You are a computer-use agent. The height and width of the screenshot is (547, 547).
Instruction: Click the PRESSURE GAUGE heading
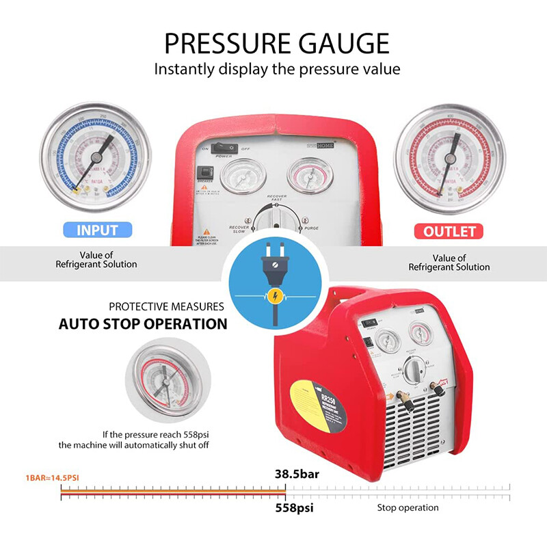(x=277, y=42)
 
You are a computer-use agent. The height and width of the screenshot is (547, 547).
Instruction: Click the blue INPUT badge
(x=96, y=230)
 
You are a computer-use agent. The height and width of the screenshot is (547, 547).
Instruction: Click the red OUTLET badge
(x=449, y=231)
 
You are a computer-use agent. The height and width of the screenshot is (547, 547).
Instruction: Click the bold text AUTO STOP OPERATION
(x=143, y=323)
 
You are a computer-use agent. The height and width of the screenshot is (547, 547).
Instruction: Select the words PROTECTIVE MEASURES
(x=166, y=306)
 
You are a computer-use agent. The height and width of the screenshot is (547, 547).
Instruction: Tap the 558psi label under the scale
(x=296, y=508)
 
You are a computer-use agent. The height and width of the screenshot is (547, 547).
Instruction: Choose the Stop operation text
(x=408, y=508)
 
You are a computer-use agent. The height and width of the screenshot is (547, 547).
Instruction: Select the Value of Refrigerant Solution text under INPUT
(x=96, y=261)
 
